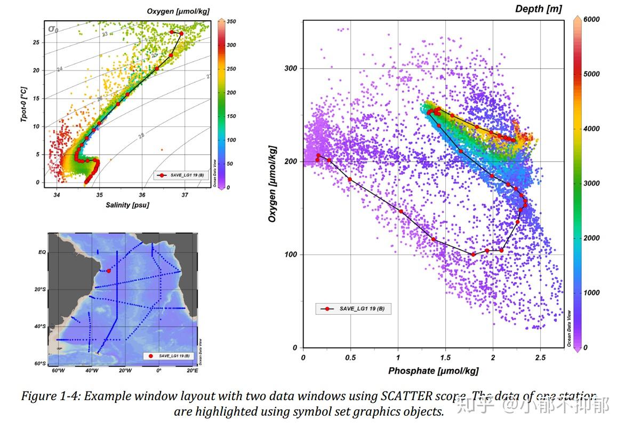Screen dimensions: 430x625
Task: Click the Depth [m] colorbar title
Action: point(538,9)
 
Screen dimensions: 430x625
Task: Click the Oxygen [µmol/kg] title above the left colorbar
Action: point(179,11)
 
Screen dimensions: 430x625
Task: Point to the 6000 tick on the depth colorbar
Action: point(592,19)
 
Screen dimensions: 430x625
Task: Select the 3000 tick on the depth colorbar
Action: point(592,183)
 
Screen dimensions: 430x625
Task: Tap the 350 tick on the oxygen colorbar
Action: point(231,22)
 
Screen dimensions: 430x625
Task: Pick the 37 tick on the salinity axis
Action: point(185,195)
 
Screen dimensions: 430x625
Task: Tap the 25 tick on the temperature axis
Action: point(36,42)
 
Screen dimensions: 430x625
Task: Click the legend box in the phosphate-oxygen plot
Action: point(353,308)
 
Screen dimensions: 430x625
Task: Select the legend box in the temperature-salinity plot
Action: point(181,175)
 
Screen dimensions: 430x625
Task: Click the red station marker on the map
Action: point(109,271)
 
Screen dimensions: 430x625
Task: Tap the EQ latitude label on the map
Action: point(41,252)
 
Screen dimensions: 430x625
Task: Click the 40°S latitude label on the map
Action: point(39,327)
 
